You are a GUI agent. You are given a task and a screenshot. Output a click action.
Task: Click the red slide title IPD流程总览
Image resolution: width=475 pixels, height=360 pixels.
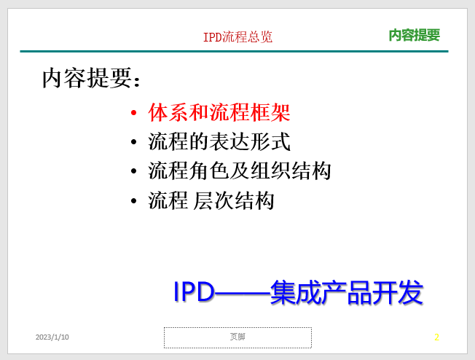[237, 37]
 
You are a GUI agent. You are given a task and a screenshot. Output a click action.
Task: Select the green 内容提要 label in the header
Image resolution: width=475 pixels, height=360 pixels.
[414, 35]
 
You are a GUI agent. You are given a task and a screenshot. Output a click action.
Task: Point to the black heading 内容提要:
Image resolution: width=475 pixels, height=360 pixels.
[91, 78]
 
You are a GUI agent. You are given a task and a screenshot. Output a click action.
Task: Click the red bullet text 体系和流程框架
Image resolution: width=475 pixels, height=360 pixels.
[219, 112]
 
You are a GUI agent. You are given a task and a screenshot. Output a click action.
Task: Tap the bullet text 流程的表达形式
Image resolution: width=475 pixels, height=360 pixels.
[219, 141]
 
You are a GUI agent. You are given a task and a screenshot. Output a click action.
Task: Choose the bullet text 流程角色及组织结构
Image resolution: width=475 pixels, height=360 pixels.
[240, 171]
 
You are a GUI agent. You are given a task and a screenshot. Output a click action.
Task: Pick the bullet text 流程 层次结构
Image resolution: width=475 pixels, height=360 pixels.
[211, 200]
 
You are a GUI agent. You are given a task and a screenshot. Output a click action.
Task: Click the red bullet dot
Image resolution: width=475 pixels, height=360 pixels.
[133, 113]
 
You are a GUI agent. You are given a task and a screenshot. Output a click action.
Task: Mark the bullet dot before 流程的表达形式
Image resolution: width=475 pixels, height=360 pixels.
[133, 142]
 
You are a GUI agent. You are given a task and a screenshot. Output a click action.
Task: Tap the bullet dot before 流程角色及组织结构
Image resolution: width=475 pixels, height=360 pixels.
[133, 171]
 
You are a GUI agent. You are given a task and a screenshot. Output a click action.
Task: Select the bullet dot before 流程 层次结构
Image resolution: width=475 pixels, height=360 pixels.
[133, 200]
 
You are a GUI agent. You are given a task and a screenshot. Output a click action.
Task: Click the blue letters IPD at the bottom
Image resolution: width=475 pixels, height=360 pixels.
[194, 291]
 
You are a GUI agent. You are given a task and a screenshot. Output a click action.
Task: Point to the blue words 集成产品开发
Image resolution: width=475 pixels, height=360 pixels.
[347, 292]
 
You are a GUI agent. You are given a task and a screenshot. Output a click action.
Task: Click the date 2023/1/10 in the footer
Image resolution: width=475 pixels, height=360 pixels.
[52, 337]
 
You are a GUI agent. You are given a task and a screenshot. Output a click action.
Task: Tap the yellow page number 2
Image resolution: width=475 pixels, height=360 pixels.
[436, 337]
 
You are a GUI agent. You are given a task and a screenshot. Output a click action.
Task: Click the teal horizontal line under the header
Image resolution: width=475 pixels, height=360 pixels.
[234, 52]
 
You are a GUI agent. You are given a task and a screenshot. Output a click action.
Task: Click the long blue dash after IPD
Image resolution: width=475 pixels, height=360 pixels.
[243, 293]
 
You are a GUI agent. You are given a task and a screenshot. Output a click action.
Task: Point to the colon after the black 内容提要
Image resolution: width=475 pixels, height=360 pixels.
[137, 82]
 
